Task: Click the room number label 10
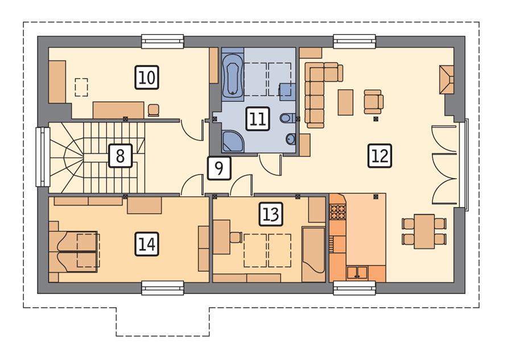coord(147,77)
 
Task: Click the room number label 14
coord(147,244)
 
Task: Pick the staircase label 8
coord(120,155)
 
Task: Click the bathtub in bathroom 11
coord(232,75)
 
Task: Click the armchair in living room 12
coord(373,101)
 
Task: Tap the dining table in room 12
coord(424,230)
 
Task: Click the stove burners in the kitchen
coord(338,212)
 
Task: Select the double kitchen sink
coord(357,272)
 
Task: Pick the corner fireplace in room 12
coord(446,80)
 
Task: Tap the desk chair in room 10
coord(154,110)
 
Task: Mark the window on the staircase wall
coord(40,156)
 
